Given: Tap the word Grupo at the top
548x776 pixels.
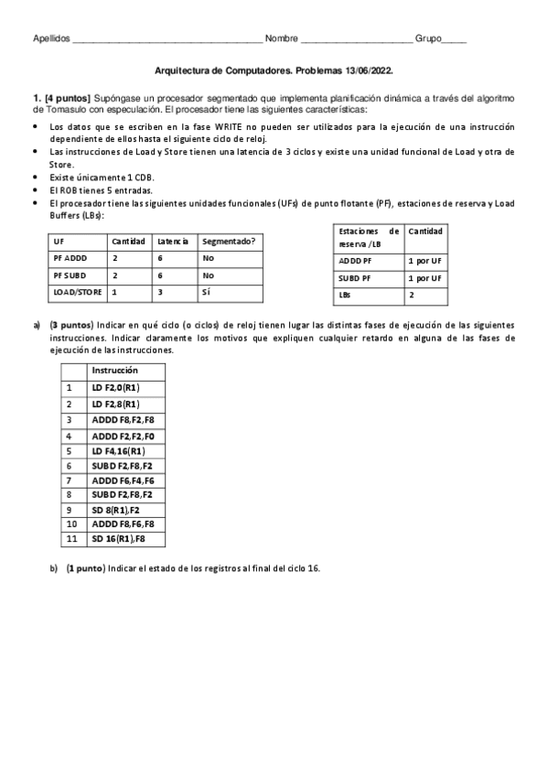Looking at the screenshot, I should click(x=428, y=38).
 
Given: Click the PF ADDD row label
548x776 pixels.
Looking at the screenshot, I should click(x=70, y=258).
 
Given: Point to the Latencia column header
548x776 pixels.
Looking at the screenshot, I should click(x=172, y=241).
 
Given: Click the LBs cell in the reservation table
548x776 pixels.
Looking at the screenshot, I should click(x=345, y=295).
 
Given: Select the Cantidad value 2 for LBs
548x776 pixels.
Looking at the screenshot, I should click(x=411, y=295).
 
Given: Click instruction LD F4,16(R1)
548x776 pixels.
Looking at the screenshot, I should click(x=118, y=451).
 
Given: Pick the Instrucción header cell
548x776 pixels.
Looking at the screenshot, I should click(x=114, y=371).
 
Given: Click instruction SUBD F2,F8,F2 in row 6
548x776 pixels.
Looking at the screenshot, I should click(x=123, y=467).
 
